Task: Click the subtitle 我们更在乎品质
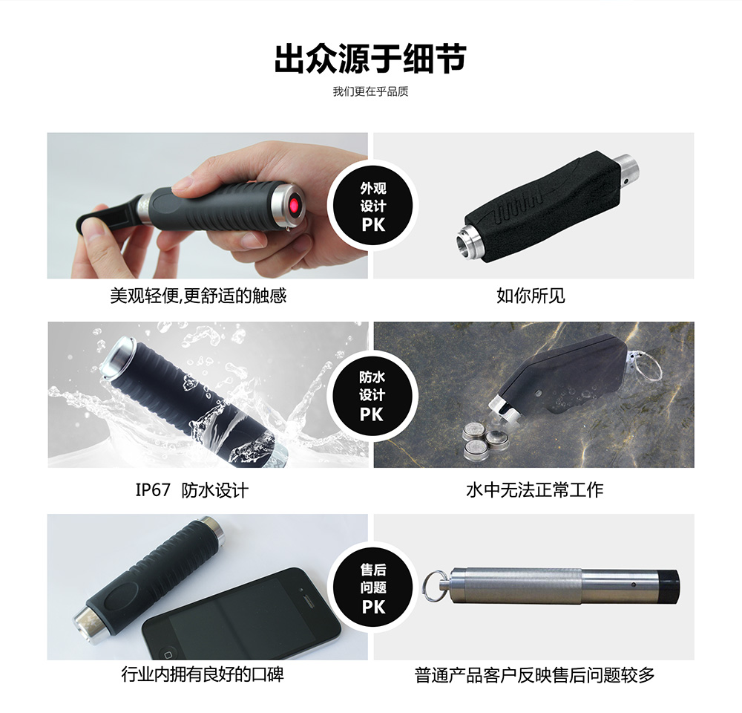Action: [x=370, y=92]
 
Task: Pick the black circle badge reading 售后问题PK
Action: [x=373, y=587]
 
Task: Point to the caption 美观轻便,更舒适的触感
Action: [x=198, y=296]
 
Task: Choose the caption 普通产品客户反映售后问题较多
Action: [x=534, y=675]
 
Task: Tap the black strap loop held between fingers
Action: [x=103, y=218]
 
